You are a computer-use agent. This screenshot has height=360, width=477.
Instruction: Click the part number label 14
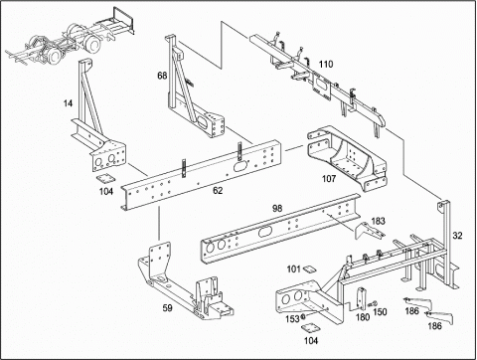point(68,103)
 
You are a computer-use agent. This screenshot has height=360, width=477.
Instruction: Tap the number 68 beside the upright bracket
point(162,76)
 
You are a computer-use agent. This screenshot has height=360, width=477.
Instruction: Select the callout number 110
point(326,65)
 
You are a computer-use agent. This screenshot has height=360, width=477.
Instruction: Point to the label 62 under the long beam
point(218,191)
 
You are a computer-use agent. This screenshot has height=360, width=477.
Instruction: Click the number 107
point(329,179)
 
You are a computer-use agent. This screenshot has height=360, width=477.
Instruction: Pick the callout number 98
point(277,208)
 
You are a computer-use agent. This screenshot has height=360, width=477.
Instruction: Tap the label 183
point(378,221)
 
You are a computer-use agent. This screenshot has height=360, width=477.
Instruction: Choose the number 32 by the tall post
point(457,236)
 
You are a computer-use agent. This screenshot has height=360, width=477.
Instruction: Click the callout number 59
point(167,308)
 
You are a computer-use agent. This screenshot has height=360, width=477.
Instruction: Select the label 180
point(363,317)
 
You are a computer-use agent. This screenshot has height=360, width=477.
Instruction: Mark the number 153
point(292,319)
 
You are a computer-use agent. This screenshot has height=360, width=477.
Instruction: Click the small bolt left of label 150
point(373,303)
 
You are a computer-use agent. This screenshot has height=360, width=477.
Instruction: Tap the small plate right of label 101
point(309,269)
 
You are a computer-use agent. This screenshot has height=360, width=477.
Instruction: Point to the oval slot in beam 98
point(264,232)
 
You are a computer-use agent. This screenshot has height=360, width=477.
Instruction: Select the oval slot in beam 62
point(240,166)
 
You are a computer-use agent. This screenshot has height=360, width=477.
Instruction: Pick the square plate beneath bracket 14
point(105,178)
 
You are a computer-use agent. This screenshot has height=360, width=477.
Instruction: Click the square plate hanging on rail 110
point(322,87)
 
